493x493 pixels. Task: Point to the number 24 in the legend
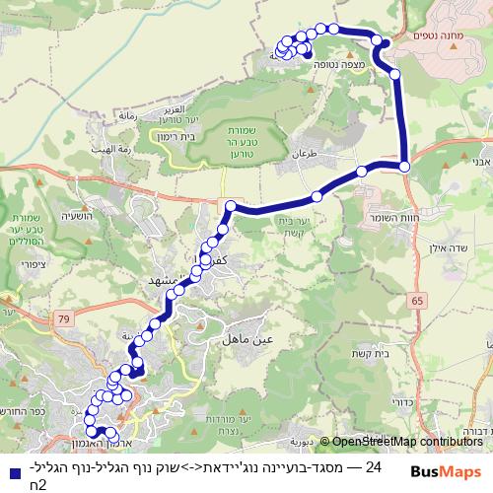click(373, 465)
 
